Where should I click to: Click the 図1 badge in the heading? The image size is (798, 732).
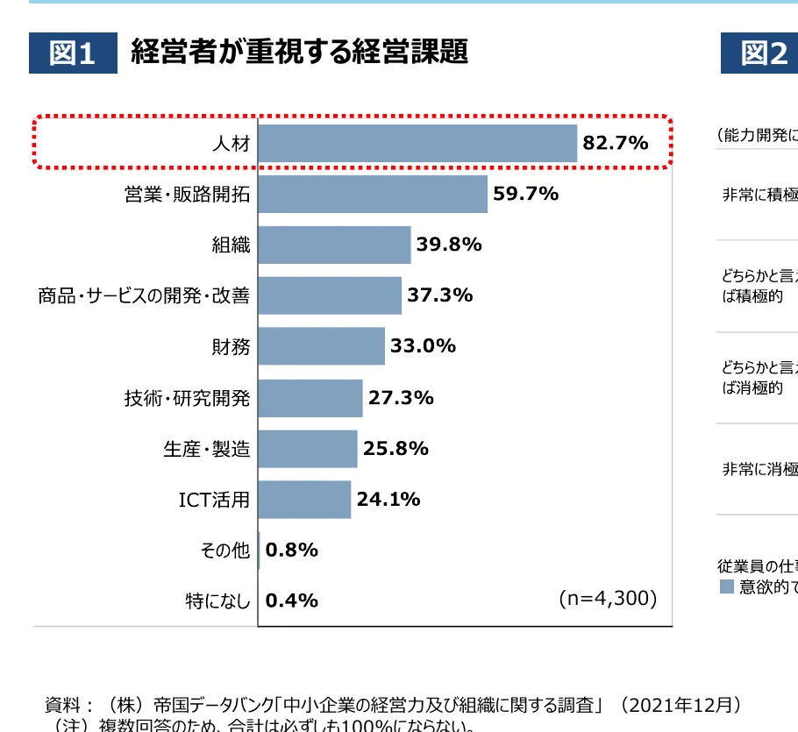pos(72,53)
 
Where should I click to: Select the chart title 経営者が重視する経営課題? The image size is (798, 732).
pos(299,52)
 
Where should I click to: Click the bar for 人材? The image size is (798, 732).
pos(417,143)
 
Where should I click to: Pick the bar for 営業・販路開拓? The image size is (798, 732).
pos(373,194)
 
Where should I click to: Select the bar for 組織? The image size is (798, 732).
pos(334,245)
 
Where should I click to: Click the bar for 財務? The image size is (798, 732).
pos(321,346)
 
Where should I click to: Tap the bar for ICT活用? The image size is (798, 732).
pos(304,499)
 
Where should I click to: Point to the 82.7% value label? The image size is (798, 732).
pos(616,143)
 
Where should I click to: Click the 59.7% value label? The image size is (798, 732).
pos(526,194)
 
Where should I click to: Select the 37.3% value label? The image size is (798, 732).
pos(440,295)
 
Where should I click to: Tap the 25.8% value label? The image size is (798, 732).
pos(395,449)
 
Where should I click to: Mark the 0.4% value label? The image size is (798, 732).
pos(291,601)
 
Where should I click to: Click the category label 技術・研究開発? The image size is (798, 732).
pos(187,398)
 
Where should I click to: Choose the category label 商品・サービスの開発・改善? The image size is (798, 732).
pos(143,296)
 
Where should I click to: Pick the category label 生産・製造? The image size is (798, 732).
pos(206,449)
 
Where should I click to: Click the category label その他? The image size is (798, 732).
pos(224,551)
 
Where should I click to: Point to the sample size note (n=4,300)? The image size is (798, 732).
pos(608,599)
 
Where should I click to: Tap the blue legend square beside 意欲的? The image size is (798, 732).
pos(726,586)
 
